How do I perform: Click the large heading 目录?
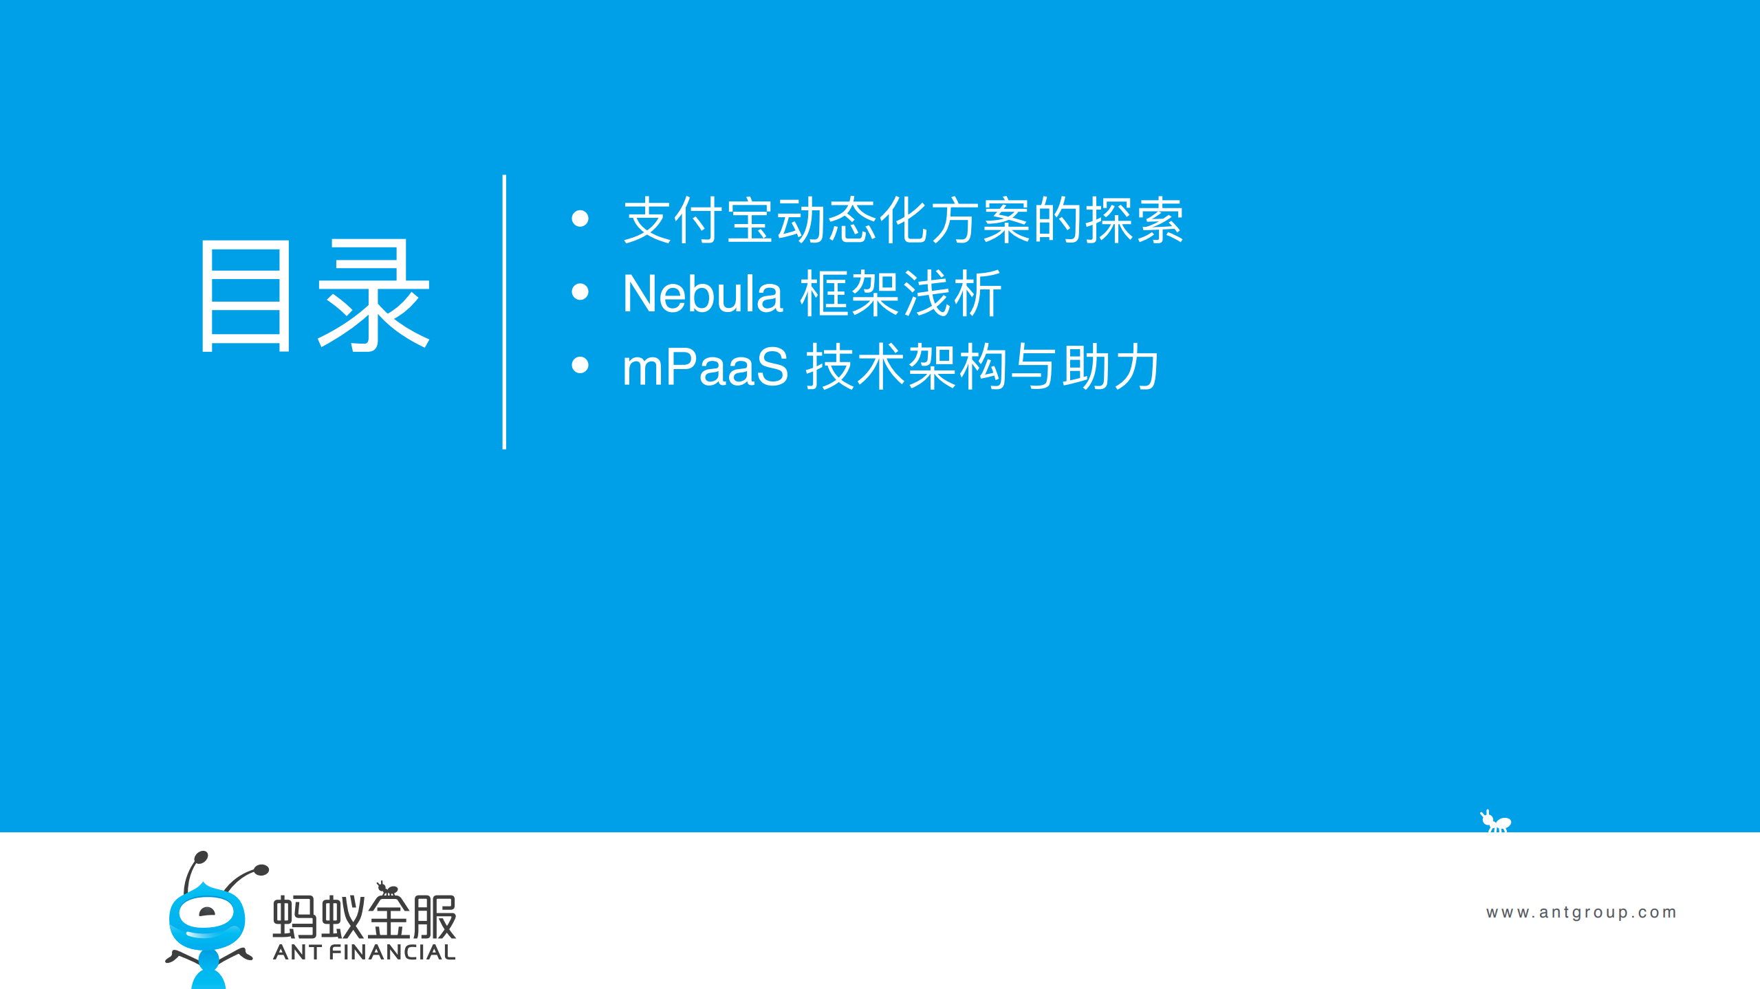(x=314, y=296)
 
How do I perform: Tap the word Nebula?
(x=702, y=294)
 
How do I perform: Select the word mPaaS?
(x=705, y=367)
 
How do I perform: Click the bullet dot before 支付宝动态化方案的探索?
(x=580, y=219)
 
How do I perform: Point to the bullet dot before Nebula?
(x=580, y=292)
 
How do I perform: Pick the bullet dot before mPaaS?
(x=580, y=365)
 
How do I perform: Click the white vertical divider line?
(x=504, y=312)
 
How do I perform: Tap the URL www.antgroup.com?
(x=1581, y=912)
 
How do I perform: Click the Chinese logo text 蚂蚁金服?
(x=365, y=917)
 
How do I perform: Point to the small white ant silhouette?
(x=1496, y=821)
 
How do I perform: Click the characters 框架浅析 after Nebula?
(x=901, y=294)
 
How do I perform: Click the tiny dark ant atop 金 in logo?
(x=387, y=889)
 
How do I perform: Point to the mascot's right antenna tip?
(x=261, y=870)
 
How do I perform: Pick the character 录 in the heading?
(x=373, y=296)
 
